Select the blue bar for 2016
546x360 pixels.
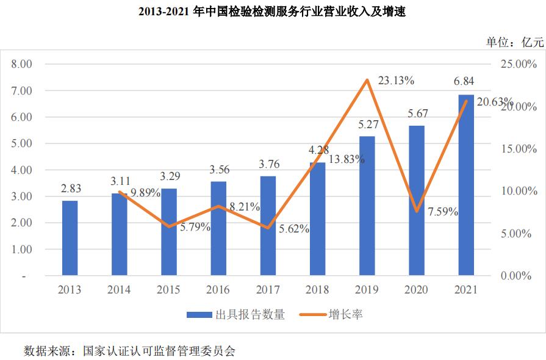218,228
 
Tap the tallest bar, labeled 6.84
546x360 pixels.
466,185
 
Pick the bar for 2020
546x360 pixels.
417,201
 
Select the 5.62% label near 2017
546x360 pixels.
294,229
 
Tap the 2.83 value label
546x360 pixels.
70,189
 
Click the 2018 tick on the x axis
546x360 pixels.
317,290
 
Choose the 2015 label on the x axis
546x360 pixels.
169,290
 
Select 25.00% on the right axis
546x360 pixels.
515,63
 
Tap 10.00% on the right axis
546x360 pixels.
515,191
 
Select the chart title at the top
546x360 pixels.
272,12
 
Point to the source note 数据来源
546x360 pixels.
129,351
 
